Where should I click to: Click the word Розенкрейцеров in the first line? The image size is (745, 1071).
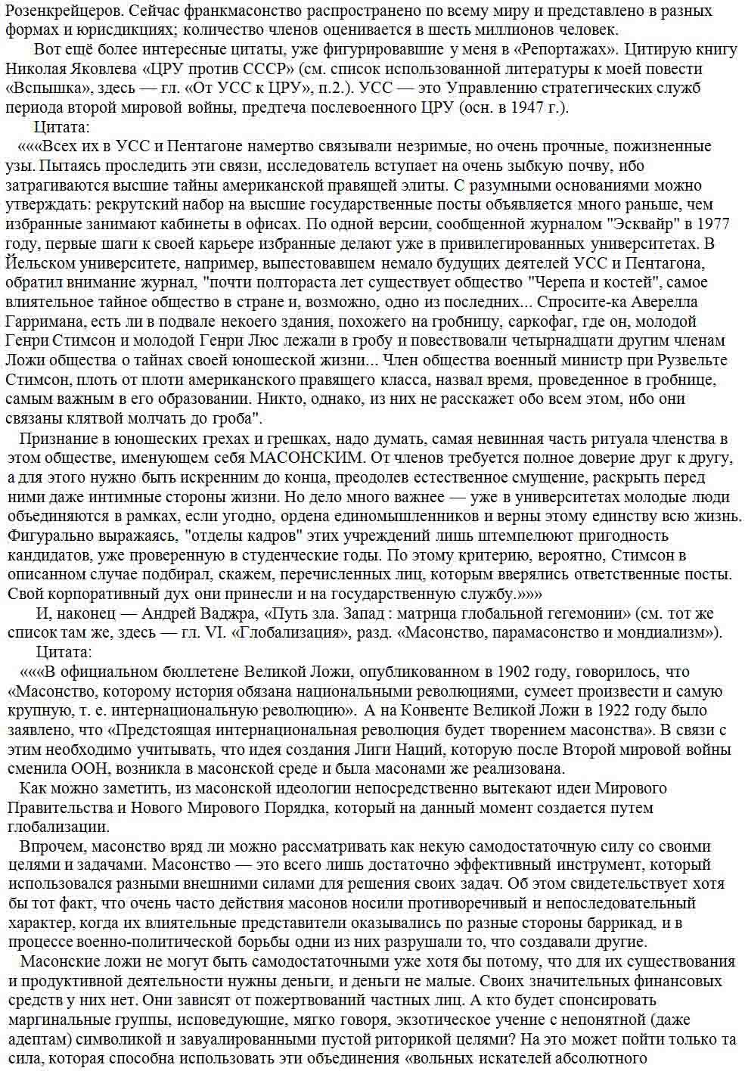tap(52, 11)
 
